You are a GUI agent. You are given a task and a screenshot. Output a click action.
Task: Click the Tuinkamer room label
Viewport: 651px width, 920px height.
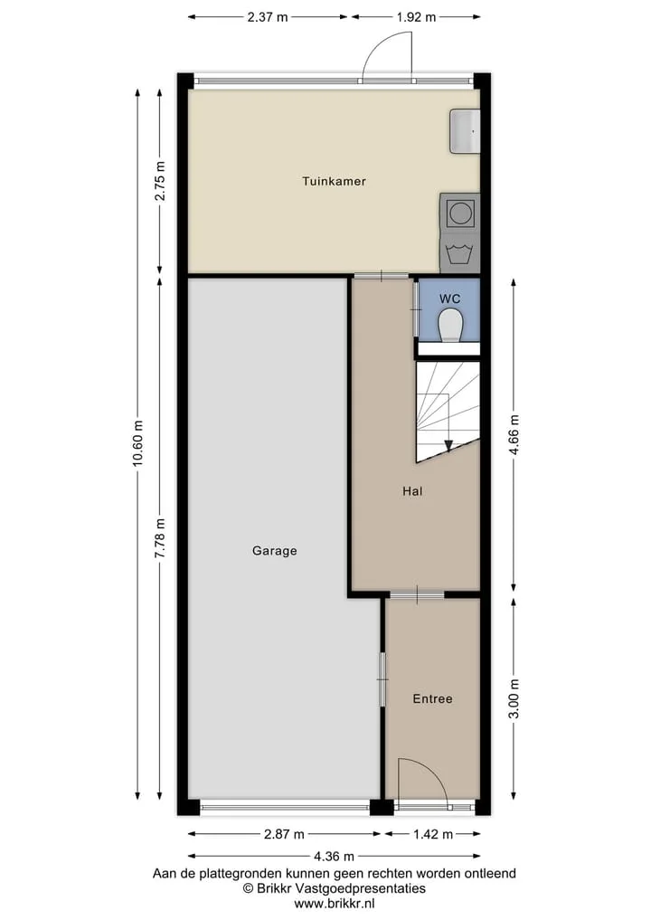334,181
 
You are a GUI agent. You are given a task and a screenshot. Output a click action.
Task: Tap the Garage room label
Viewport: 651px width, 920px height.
275,551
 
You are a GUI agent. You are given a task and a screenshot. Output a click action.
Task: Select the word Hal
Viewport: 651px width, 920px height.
412,491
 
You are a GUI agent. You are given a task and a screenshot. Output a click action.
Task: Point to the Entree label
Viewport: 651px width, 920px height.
432,698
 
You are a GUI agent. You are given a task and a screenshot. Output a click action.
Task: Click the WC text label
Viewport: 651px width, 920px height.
450,299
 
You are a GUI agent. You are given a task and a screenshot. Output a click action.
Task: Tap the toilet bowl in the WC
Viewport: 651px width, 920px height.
450,326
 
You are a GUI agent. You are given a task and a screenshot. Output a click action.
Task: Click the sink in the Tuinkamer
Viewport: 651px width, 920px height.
465,131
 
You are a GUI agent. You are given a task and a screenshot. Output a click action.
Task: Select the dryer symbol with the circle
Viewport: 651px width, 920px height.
460,212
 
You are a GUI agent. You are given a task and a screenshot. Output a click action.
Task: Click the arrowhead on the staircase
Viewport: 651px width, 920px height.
448,445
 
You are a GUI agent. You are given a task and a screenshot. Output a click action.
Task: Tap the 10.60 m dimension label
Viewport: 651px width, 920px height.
137,444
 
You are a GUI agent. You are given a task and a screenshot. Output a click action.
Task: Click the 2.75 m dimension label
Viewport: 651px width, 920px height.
159,181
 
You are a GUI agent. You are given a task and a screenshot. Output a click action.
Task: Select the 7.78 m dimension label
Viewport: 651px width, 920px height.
159,538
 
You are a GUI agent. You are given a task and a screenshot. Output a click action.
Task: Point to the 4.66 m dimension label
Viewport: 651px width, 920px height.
514,435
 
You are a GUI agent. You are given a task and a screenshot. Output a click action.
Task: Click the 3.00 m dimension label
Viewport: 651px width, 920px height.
514,698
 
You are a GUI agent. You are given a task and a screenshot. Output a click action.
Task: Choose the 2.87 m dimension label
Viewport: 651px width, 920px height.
284,834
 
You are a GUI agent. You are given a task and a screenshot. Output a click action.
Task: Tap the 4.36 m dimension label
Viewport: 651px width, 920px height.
333,857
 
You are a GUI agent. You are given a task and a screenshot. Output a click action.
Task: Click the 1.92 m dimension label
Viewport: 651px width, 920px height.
416,17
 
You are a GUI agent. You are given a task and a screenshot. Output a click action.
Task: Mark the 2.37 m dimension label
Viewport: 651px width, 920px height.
268,17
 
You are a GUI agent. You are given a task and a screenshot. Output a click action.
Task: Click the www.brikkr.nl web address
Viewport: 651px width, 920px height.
335,904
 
